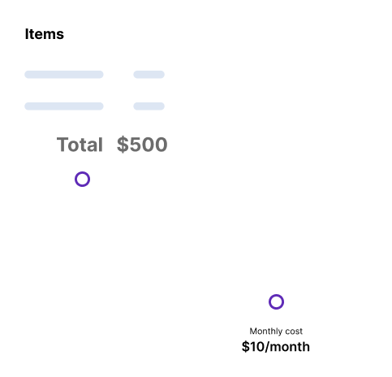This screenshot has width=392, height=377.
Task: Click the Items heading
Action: [45, 34]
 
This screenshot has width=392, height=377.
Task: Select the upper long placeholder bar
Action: [64, 75]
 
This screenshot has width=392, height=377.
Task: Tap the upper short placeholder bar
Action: [149, 75]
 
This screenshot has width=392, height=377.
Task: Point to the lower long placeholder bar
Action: [64, 106]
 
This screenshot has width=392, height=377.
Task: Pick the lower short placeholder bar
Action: [149, 106]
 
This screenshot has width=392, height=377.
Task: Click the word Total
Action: [80, 145]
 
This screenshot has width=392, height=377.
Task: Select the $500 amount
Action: [142, 145]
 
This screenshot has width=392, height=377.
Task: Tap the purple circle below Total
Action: [82, 173]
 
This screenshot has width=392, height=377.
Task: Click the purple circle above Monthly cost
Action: [276, 296]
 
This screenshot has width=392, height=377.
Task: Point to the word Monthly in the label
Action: [266, 331]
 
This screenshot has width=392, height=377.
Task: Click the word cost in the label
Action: [294, 331]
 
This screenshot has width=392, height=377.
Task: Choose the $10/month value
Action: [276, 347]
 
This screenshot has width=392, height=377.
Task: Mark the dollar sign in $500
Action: [123, 145]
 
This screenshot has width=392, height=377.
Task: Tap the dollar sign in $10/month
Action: [245, 347]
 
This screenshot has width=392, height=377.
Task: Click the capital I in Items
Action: [27, 34]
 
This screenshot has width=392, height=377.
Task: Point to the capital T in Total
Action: [62, 145]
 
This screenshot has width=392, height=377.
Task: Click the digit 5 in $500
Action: [135, 145]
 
